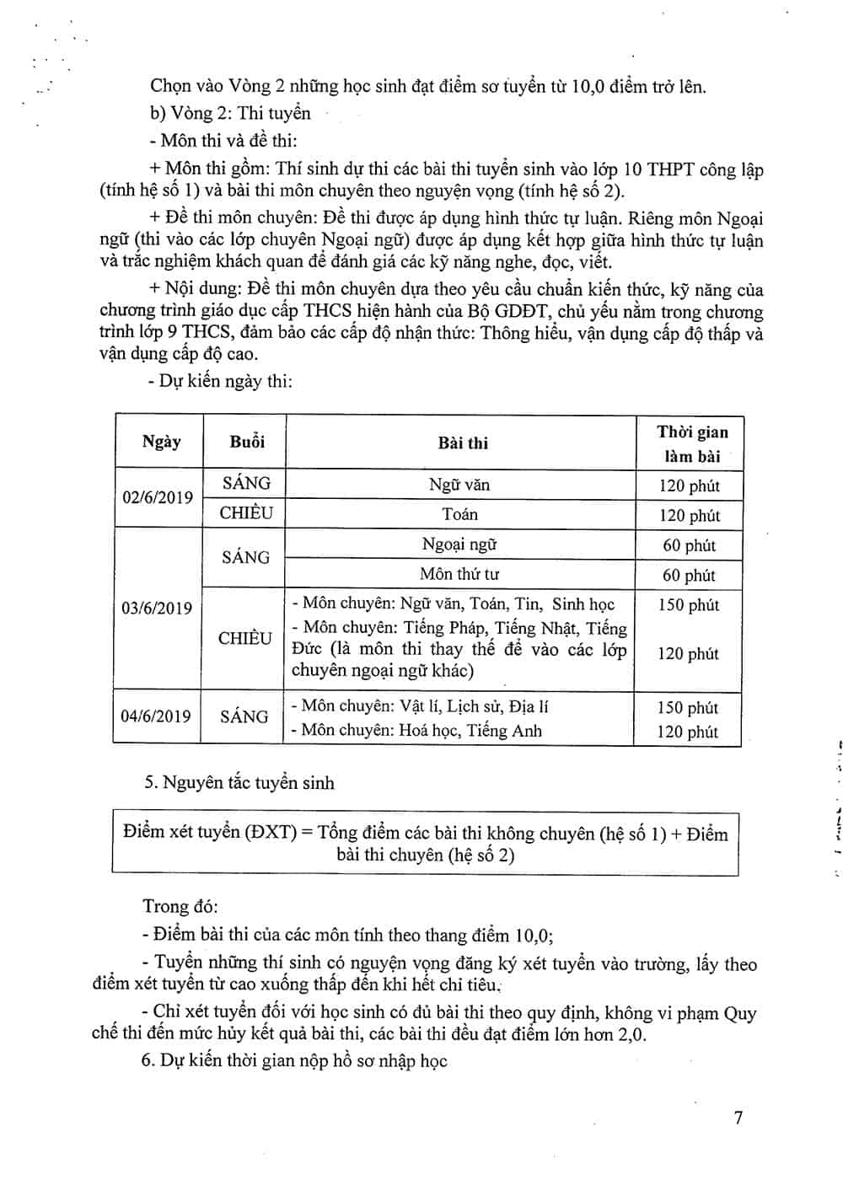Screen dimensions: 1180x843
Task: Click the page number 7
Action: click(x=738, y=1118)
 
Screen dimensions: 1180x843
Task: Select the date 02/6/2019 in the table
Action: click(x=158, y=497)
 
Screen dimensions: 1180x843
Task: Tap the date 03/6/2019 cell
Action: click(x=157, y=608)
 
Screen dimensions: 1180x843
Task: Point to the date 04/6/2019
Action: click(x=156, y=716)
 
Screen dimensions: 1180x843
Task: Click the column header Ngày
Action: click(x=161, y=442)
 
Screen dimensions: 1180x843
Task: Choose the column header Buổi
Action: click(x=247, y=442)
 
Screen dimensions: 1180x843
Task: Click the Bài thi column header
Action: click(x=463, y=443)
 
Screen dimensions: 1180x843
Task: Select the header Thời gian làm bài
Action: click(x=692, y=443)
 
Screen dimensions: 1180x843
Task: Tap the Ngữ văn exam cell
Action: click(x=459, y=485)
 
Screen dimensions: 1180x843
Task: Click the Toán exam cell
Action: click(x=459, y=514)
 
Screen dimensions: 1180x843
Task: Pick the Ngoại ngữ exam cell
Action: click(x=459, y=544)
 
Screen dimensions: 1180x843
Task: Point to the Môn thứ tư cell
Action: click(x=459, y=575)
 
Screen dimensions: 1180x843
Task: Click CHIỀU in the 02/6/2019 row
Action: click(x=246, y=512)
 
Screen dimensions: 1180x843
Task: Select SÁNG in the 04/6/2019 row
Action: click(x=244, y=716)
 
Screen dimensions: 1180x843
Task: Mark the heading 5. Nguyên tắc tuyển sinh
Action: click(x=239, y=783)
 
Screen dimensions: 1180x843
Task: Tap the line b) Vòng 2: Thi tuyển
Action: click(x=230, y=113)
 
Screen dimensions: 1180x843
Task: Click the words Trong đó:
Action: click(x=180, y=906)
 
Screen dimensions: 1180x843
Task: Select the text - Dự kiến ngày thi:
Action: click(x=226, y=381)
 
